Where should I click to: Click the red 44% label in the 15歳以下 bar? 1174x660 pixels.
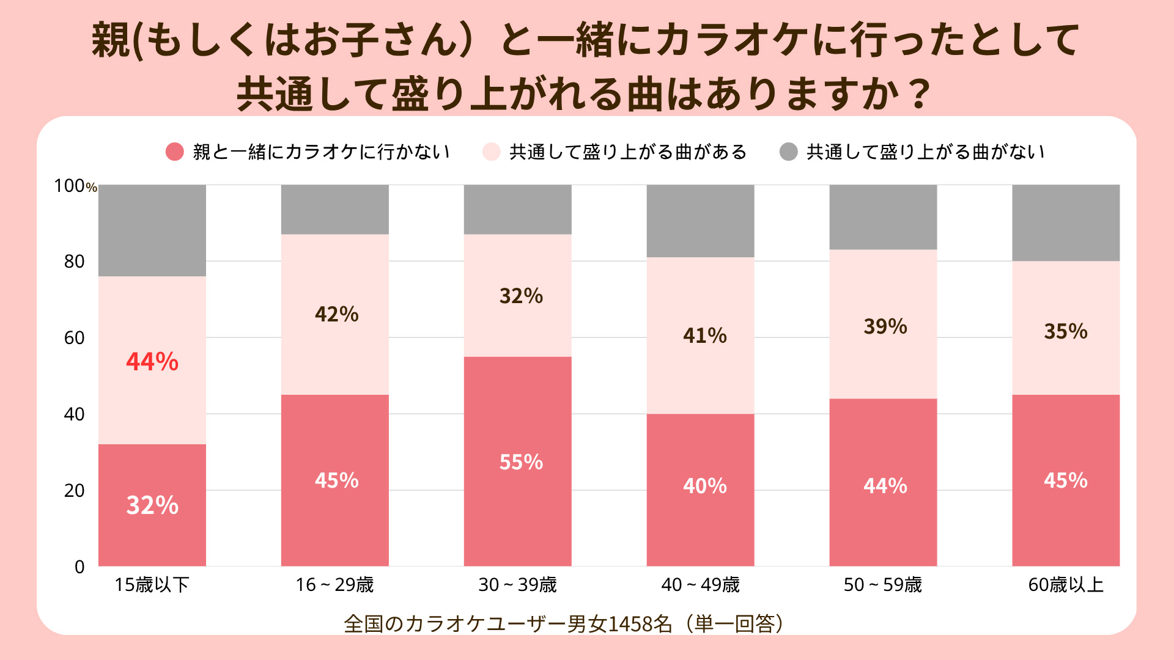(152, 361)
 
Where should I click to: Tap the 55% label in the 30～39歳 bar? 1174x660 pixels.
(521, 462)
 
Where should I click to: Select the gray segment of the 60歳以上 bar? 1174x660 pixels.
(1066, 223)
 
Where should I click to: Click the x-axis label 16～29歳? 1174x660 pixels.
(334, 585)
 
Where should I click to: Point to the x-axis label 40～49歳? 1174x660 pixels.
(700, 585)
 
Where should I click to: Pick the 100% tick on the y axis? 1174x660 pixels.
(75, 186)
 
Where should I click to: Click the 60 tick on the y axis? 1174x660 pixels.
(75, 338)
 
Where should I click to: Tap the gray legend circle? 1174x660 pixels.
(789, 152)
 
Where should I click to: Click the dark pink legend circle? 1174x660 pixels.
(175, 152)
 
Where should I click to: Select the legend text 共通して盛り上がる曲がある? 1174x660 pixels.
(628, 152)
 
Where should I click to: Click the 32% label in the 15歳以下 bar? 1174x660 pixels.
(152, 505)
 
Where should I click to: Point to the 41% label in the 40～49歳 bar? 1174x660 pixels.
(705, 335)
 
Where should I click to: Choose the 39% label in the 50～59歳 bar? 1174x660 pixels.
(885, 326)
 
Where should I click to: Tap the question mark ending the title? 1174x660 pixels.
(919, 95)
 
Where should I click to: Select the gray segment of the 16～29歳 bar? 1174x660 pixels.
(335, 210)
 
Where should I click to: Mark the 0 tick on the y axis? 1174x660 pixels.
(79, 567)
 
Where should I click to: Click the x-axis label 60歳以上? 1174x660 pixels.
(1066, 585)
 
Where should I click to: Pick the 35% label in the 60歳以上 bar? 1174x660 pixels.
(1066, 331)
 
